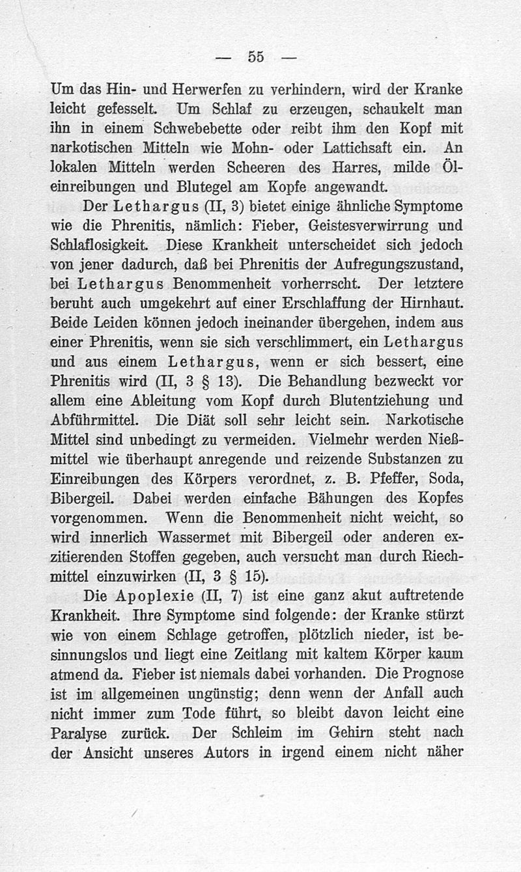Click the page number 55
tap(255, 57)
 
